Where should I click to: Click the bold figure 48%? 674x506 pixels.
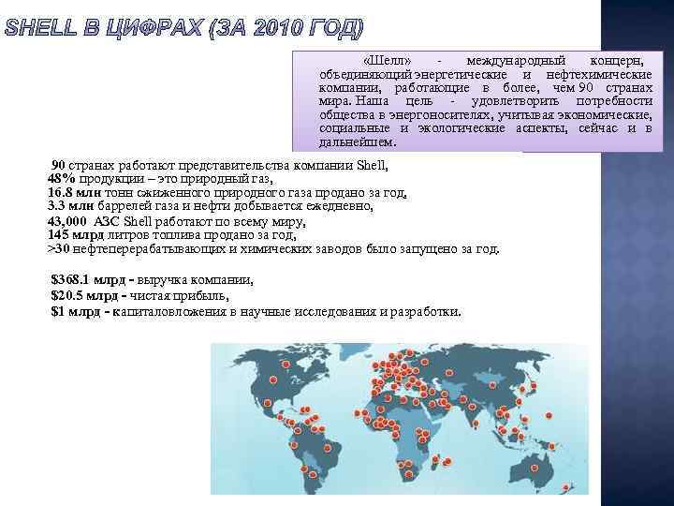[x=62, y=179]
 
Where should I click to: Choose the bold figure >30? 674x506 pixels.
[x=59, y=248]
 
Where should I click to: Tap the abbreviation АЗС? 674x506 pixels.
[x=107, y=221]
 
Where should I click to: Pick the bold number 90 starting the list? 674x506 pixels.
[x=58, y=166]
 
